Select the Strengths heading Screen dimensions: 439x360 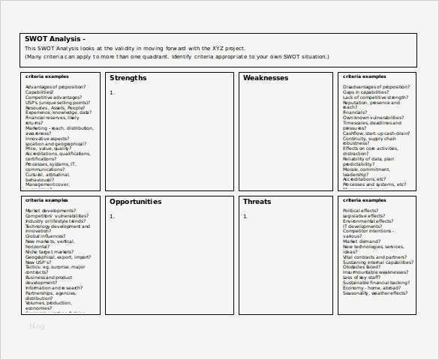tap(128, 78)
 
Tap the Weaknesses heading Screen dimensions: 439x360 tap(266, 78)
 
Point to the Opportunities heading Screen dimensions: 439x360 tap(135, 201)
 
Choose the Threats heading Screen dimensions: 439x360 tap(257, 201)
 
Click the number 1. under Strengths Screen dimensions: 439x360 tap(112, 92)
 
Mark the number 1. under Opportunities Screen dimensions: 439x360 tap(112, 216)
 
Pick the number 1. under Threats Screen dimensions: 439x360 tap(245, 216)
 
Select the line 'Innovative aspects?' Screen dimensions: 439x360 tap(47, 138)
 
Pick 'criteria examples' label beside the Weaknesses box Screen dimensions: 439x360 tap(364, 76)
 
